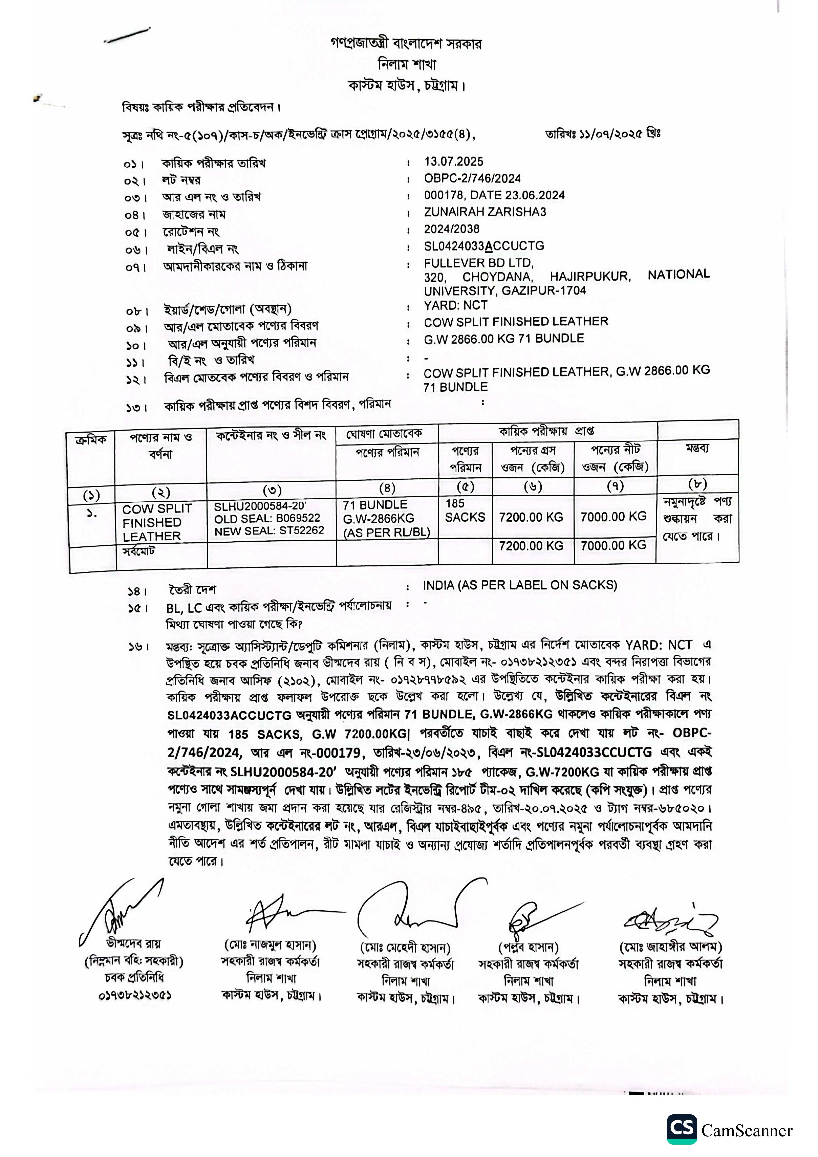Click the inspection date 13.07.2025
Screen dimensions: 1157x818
coord(454,162)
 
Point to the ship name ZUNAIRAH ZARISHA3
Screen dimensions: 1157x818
coord(485,212)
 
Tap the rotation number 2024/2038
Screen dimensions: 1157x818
coord(452,229)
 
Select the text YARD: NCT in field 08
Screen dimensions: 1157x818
coord(456,305)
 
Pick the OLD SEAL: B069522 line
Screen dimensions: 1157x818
coord(267,518)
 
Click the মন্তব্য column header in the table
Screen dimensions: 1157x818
coord(697,448)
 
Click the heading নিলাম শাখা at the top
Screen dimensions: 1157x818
coord(407,65)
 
